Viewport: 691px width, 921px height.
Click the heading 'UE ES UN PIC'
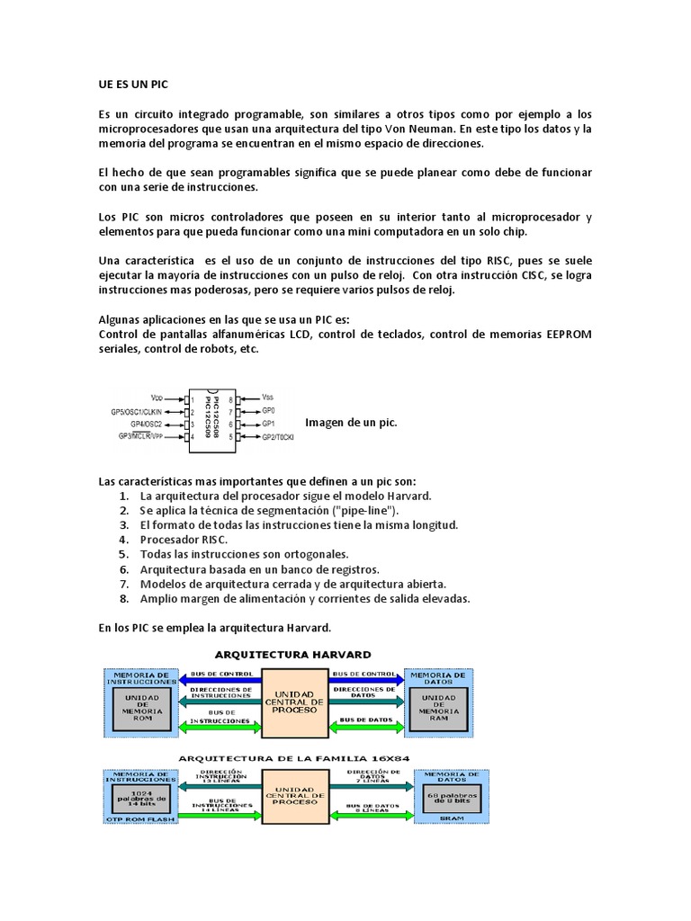pos(132,84)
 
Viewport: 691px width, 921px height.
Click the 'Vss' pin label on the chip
pos(268,396)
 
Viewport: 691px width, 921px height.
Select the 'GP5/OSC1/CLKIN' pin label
pos(137,410)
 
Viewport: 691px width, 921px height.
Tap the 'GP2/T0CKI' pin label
pos(279,436)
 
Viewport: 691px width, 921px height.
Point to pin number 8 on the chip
pos(231,398)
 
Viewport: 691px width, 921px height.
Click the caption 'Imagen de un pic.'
pos(351,422)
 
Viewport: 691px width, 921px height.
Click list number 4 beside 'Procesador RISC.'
pos(124,539)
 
